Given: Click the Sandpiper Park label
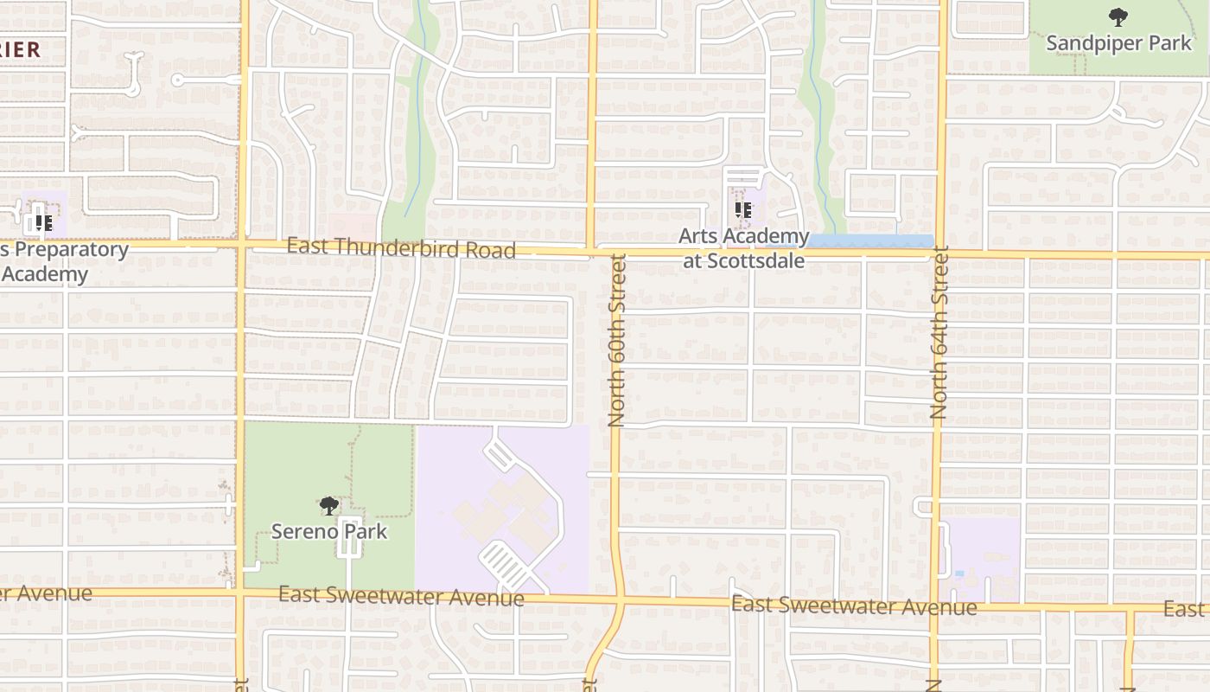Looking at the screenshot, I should pyautogui.click(x=1118, y=43).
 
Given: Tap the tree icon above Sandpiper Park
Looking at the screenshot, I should pyautogui.click(x=1118, y=16).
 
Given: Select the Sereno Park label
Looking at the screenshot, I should pyautogui.click(x=329, y=531).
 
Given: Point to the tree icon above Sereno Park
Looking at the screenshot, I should pyautogui.click(x=328, y=505).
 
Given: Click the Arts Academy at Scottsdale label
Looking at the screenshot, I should pyautogui.click(x=743, y=247).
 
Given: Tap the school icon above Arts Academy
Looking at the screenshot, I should pyautogui.click(x=743, y=210).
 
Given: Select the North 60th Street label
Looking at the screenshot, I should pyautogui.click(x=616, y=340).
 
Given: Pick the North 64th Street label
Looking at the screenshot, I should pyautogui.click(x=939, y=333).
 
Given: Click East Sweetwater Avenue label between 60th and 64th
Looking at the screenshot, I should pyautogui.click(x=854, y=605).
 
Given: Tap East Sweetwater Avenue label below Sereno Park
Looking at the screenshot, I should pyautogui.click(x=401, y=596).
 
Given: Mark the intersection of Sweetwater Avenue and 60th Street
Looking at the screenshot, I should pyautogui.click(x=619, y=599).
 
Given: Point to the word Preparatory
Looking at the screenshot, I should pyautogui.click(x=67, y=251).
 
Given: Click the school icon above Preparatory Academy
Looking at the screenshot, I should pyautogui.click(x=42, y=222).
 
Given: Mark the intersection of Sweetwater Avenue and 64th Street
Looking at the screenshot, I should pyautogui.click(x=935, y=605).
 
